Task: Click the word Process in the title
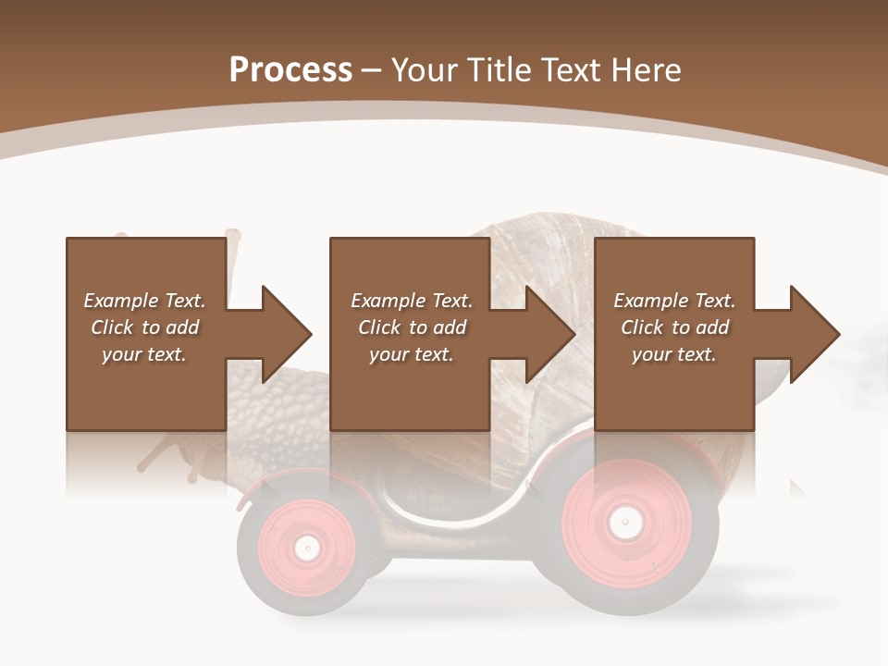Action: [x=290, y=69]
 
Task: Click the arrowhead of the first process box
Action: [x=287, y=334]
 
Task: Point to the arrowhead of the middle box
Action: [x=551, y=334]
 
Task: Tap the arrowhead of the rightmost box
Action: [x=816, y=334]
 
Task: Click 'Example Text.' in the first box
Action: [x=144, y=301]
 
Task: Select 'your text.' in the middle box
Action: [x=411, y=354]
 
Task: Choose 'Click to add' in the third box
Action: [x=674, y=327]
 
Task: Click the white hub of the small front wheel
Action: [x=306, y=548]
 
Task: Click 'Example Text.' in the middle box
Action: [x=411, y=301]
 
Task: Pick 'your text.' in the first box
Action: [x=144, y=354]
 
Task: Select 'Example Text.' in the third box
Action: [x=674, y=301]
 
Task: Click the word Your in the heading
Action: [x=426, y=69]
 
